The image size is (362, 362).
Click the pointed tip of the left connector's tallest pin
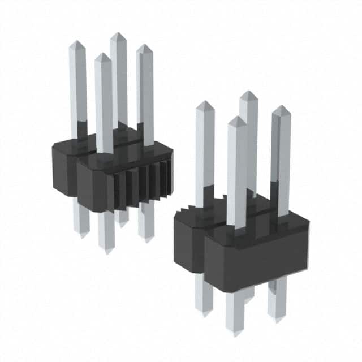click(x=118, y=34)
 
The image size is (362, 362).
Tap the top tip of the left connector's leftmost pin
click(x=76, y=42)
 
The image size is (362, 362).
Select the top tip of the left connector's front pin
click(x=102, y=55)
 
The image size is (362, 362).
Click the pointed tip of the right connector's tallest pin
click(x=248, y=92)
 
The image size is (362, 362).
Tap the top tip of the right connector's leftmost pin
click(x=204, y=102)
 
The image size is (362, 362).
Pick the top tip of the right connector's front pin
click(x=237, y=118)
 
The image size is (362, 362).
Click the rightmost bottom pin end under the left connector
click(x=147, y=241)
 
